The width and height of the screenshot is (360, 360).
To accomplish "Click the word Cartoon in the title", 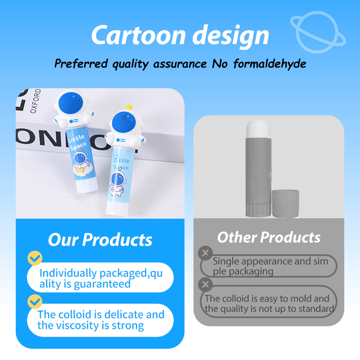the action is coord(138,35).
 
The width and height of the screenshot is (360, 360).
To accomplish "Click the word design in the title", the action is coord(230,36).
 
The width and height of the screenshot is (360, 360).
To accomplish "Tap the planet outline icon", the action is coord(318,31).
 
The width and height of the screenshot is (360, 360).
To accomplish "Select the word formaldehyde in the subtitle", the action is coord(270,63).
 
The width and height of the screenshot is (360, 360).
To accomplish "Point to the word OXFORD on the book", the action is coord(36,101).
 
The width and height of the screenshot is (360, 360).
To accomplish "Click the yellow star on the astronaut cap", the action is coord(129,107).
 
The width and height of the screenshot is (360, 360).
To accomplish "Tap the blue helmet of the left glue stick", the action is coord(71,104).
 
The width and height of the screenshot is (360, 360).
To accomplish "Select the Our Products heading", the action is coord(100,240).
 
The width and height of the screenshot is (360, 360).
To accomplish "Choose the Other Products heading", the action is coord(269,237).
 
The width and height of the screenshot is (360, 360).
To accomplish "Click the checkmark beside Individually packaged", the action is coord(35,258).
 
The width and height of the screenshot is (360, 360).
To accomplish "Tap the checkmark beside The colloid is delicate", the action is coord(35,301).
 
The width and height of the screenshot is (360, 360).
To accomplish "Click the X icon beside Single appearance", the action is coord(205,253).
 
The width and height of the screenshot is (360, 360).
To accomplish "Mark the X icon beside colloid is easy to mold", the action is coord(205,284).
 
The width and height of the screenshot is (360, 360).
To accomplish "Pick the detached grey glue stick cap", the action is coord(285,203).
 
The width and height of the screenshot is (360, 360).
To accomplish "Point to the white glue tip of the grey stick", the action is coord(258,129).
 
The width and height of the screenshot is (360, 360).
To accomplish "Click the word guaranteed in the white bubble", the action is coord(102,284).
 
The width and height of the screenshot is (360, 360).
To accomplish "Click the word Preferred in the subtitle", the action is coord(81,63).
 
